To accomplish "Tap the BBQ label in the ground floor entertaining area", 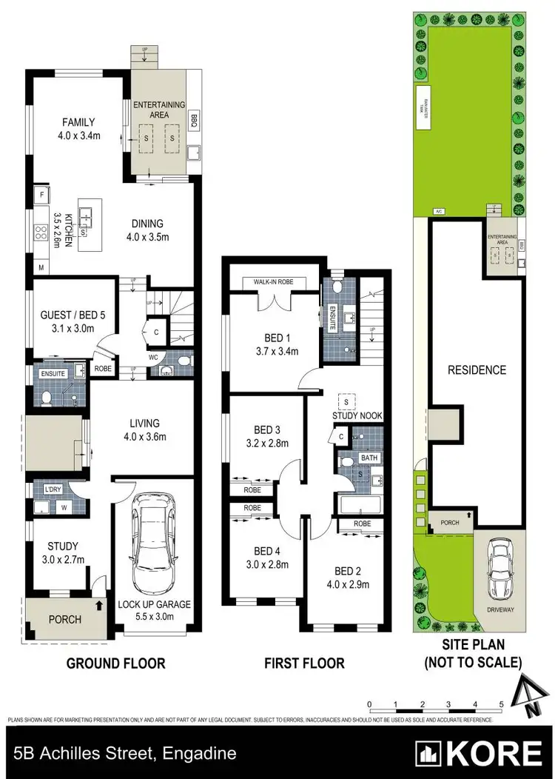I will pyautogui.click(x=194, y=118).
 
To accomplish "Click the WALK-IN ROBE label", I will pyautogui.click(x=274, y=282).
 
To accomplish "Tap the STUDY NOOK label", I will pyautogui.click(x=356, y=416).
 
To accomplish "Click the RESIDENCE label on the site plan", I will pyautogui.click(x=477, y=370).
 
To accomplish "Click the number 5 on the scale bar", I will pyautogui.click(x=501, y=703).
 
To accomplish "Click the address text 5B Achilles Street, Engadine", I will pyautogui.click(x=124, y=755).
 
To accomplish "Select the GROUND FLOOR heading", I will pyautogui.click(x=115, y=663).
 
